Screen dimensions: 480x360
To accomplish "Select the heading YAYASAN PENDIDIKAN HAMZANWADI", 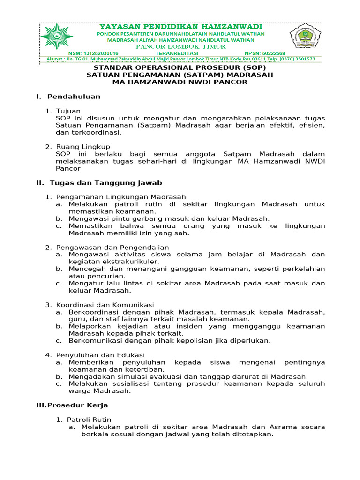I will [180, 27].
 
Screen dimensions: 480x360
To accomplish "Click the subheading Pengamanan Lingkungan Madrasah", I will [121, 197].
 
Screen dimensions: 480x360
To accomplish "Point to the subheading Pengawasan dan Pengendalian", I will [112, 247].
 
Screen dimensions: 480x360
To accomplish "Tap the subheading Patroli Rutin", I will [89, 420].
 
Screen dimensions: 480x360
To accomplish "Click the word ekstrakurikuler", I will [133, 261].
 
